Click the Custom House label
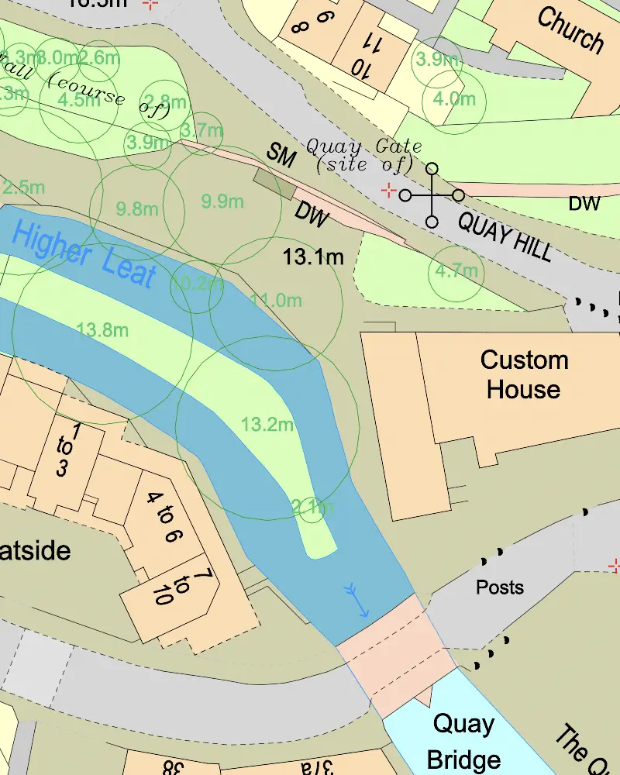[x=524, y=374]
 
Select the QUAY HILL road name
[x=505, y=236]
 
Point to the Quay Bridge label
[x=463, y=741]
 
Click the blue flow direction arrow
[x=356, y=601]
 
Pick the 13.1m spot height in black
[x=313, y=257]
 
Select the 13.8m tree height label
[x=103, y=331]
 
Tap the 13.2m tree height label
[x=267, y=425]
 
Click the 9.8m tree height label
[x=137, y=208]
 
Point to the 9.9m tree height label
[x=222, y=201]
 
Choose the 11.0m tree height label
[x=276, y=300]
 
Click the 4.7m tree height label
[x=456, y=271]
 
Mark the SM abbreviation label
[x=281, y=156]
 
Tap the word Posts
[x=500, y=587]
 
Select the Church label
[x=570, y=29]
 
